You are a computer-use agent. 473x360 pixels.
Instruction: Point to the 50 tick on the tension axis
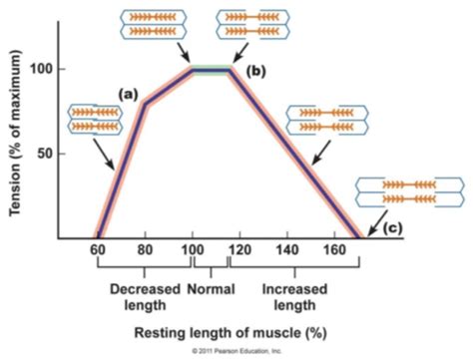point(42,154)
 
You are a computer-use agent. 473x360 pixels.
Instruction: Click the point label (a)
point(128,93)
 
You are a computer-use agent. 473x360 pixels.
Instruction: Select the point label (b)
point(257,73)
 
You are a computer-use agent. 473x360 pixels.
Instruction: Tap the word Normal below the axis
point(210,289)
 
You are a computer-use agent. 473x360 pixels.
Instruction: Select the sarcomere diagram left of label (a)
point(92,118)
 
